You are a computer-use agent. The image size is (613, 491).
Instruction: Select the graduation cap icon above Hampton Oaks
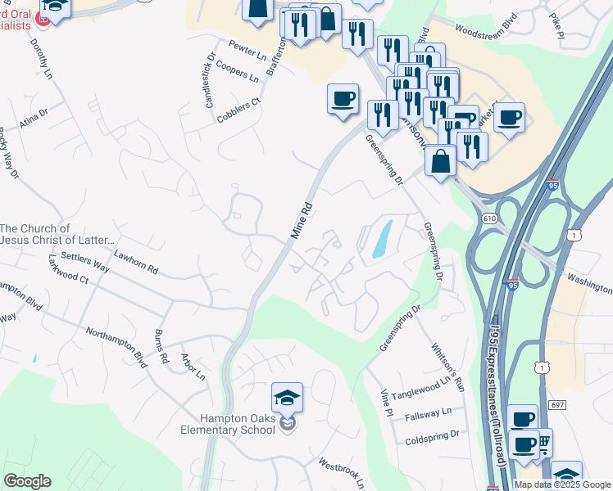click(x=287, y=398)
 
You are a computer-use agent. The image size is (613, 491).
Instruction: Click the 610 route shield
click(x=490, y=218)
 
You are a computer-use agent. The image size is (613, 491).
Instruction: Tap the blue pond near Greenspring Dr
click(x=382, y=240)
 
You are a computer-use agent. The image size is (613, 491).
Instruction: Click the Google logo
click(x=27, y=481)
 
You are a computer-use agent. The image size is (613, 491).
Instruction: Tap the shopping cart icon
click(x=543, y=442)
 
